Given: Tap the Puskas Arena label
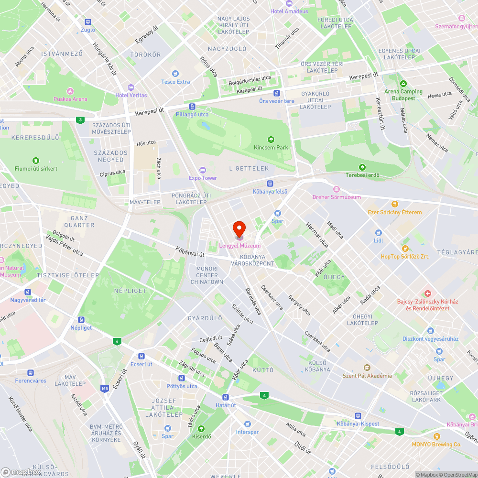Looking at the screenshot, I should point(70,99).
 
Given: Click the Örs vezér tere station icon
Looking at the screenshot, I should point(276,93).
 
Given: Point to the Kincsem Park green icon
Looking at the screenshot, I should point(271,140).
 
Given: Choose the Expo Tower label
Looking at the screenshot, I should point(203,178).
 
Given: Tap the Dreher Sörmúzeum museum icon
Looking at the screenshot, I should point(336,189).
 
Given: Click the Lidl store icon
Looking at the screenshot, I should point(379,233).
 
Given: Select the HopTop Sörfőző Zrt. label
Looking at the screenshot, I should point(405,256).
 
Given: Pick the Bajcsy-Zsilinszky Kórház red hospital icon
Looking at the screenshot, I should point(428,293).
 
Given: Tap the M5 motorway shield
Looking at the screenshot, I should point(105,389).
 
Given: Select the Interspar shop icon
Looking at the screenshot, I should point(247,424).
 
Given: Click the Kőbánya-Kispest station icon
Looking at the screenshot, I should point(358,416).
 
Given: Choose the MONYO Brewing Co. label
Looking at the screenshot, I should point(436,444).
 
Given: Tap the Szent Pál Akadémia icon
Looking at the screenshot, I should point(367,368).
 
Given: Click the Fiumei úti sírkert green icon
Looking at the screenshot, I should point(35,161).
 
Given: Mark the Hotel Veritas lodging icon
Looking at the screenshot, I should point(131,87).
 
